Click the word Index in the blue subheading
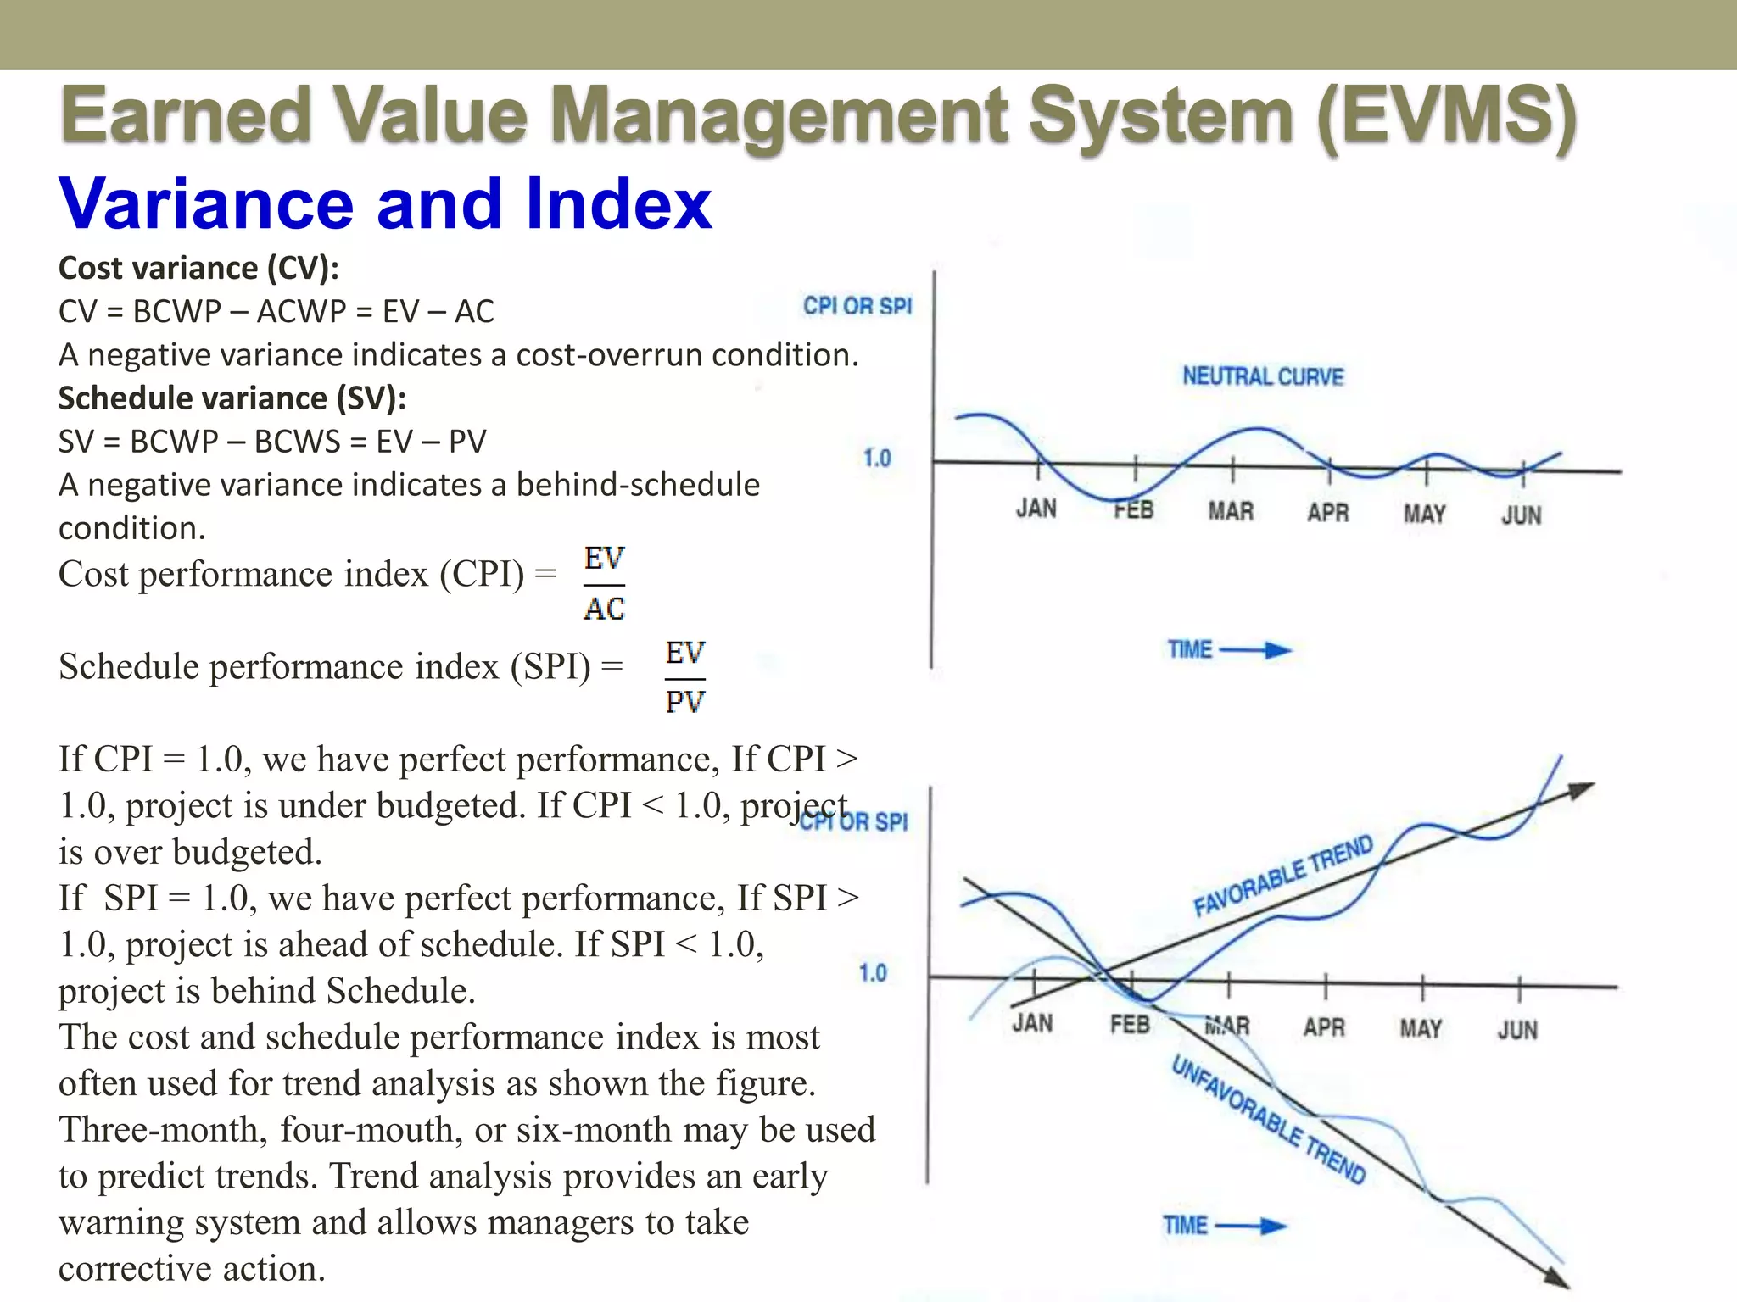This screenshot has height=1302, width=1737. pyautogui.click(x=618, y=204)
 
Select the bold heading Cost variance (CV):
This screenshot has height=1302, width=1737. pyautogui.click(x=198, y=268)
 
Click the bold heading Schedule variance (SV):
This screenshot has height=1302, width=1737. pyautogui.click(x=232, y=398)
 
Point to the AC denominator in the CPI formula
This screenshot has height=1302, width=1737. pyautogui.click(x=604, y=609)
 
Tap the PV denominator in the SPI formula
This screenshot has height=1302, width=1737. pyautogui.click(x=684, y=702)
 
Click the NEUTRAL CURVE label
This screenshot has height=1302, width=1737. pyautogui.click(x=1263, y=376)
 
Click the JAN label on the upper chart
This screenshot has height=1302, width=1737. pyautogui.click(x=1036, y=509)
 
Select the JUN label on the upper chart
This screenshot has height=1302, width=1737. pyautogui.click(x=1521, y=515)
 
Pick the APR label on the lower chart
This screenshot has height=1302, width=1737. pyautogui.click(x=1324, y=1027)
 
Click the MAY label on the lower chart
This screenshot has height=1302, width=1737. pyautogui.click(x=1421, y=1028)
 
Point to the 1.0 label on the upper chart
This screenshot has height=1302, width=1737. pyautogui.click(x=877, y=459)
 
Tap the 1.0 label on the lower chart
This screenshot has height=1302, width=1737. pyautogui.click(x=873, y=973)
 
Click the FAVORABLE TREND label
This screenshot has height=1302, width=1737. pyautogui.click(x=1282, y=876)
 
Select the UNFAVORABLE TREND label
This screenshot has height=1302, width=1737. pyautogui.click(x=1268, y=1119)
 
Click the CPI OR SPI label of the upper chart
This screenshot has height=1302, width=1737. pyautogui.click(x=857, y=306)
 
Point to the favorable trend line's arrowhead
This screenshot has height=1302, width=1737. pyautogui.click(x=1580, y=790)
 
